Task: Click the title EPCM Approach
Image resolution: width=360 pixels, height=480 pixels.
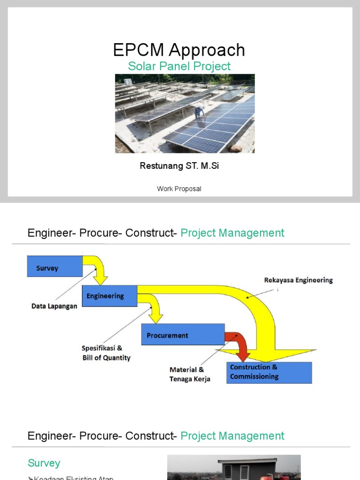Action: coord(179,50)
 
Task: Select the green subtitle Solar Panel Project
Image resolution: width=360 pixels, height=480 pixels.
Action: coord(179,66)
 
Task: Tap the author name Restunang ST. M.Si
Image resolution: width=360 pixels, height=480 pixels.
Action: coord(179,166)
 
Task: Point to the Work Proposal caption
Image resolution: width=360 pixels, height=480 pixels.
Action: coord(179,189)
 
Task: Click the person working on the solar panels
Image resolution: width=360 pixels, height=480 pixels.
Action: coord(199,112)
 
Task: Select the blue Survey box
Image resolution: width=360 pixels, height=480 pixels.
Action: coord(55,266)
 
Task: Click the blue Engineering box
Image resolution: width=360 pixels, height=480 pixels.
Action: coord(110,296)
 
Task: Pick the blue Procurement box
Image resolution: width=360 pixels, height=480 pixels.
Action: coord(183,335)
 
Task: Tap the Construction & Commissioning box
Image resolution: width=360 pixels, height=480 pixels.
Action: coord(269,372)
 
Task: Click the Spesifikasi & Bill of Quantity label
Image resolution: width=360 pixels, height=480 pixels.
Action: coord(106,353)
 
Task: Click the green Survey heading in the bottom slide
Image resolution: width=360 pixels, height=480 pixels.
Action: coord(44,463)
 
